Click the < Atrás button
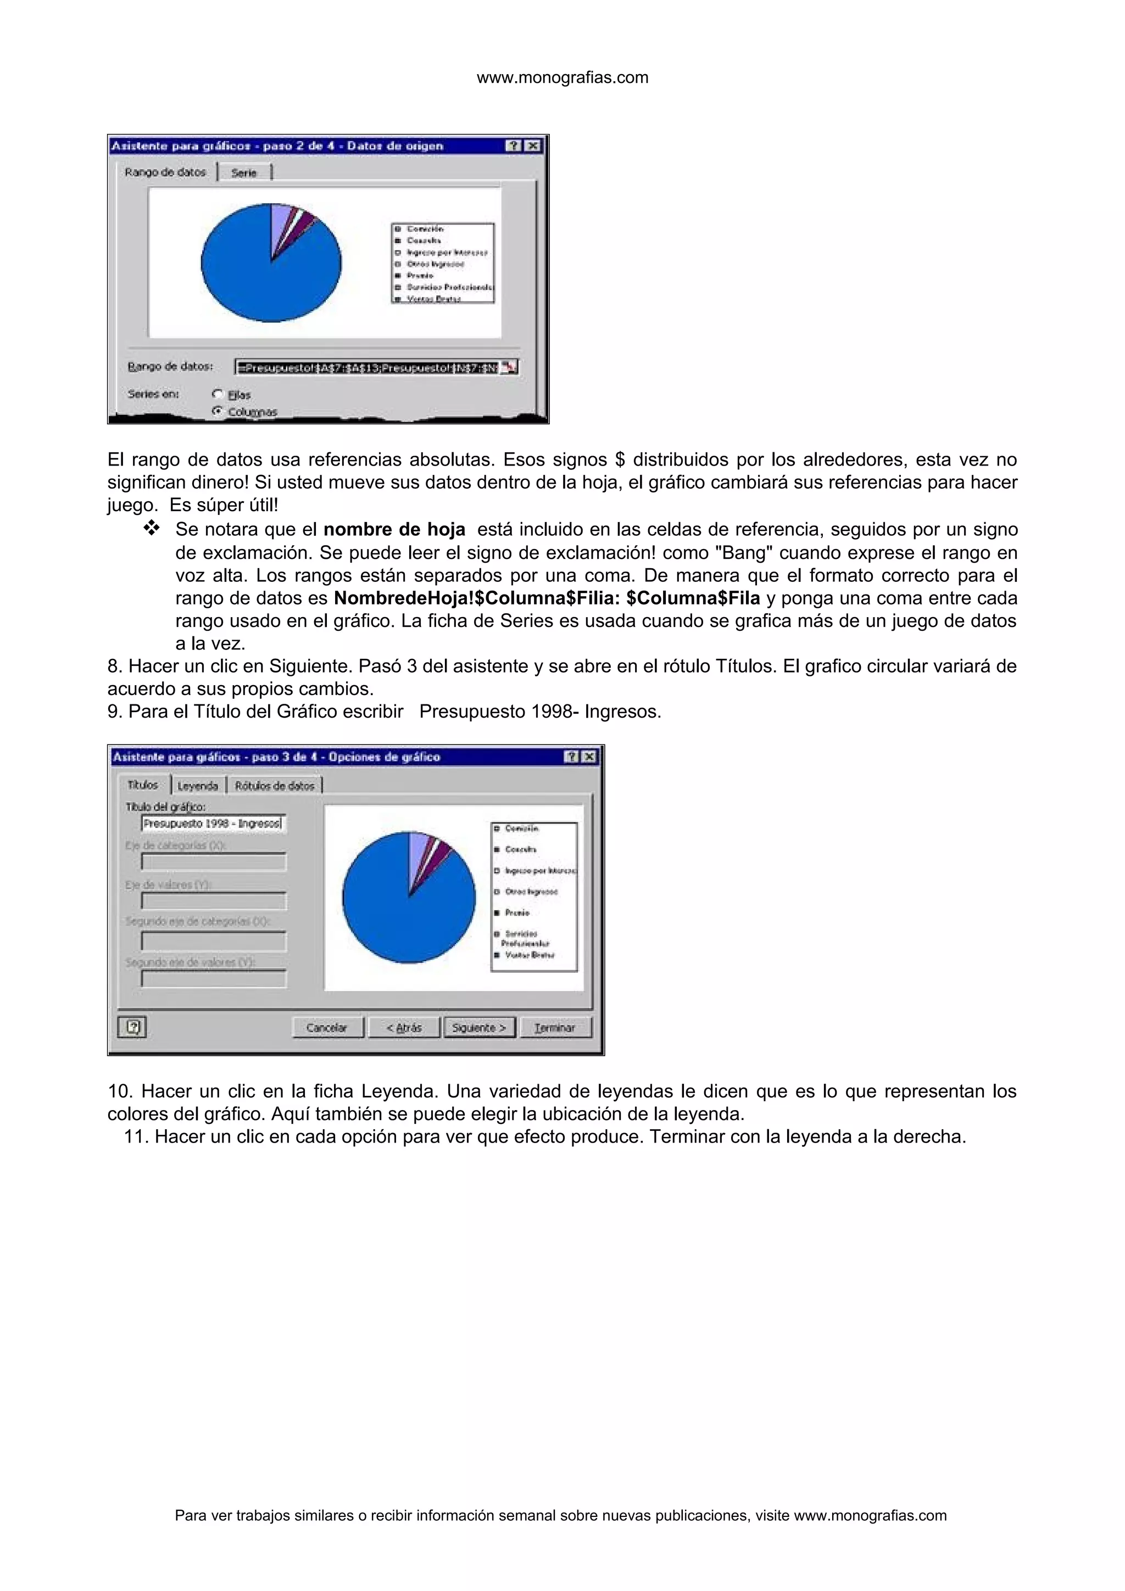(x=404, y=1028)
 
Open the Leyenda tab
(x=198, y=786)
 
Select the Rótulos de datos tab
(x=275, y=786)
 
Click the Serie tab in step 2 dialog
(x=244, y=172)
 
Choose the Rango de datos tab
(x=166, y=172)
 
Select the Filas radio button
(x=218, y=394)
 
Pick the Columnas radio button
(x=218, y=411)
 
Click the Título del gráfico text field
(x=212, y=823)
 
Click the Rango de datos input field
(x=367, y=367)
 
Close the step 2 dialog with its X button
(x=532, y=145)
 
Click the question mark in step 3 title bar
(x=571, y=757)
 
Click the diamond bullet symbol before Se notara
(x=151, y=529)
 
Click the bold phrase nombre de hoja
(x=394, y=530)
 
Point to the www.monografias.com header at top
(x=562, y=77)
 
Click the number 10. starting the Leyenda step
(x=120, y=1091)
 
